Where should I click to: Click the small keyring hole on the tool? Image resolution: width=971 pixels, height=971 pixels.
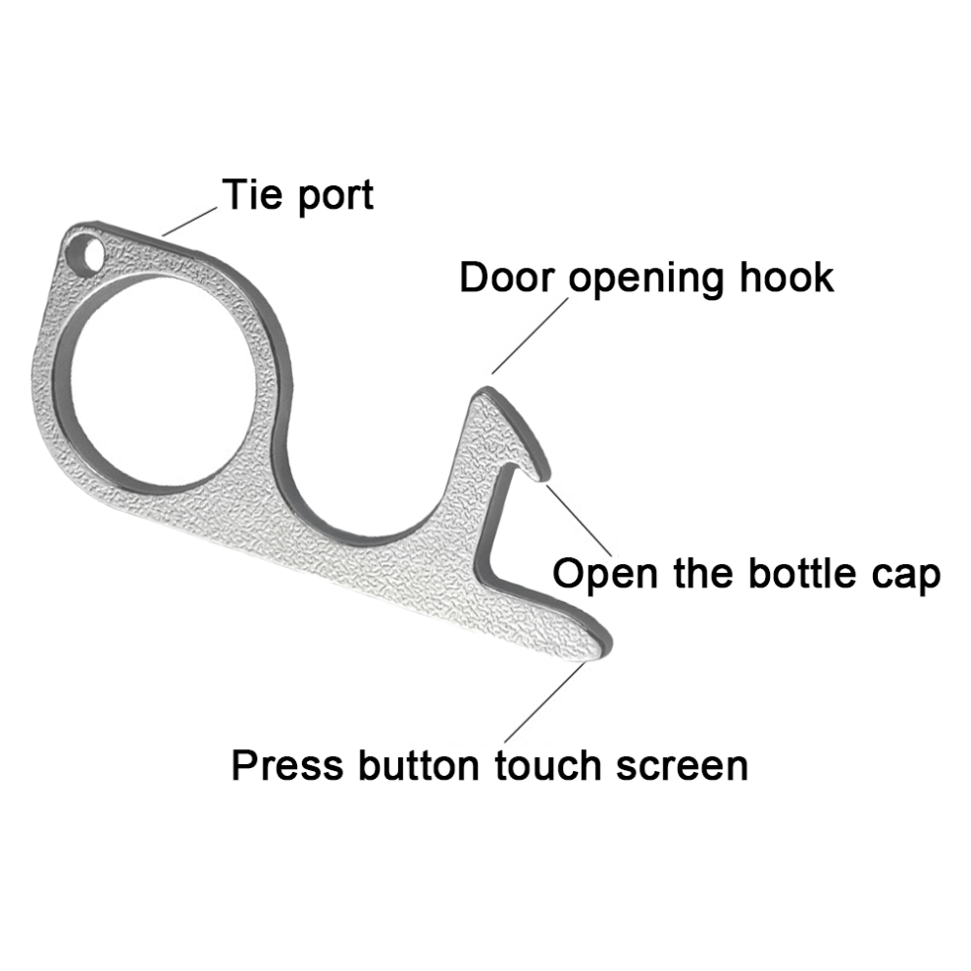tap(85, 253)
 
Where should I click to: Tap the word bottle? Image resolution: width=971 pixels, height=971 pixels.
tap(802, 573)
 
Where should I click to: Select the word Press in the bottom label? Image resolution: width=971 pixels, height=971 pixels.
tap(287, 765)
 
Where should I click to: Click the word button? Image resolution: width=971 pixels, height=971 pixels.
tap(419, 765)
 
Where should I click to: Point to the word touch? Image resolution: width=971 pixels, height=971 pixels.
tap(548, 765)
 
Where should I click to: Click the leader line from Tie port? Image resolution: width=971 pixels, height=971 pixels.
tap(189, 222)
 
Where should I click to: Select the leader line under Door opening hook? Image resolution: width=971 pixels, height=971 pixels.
tap(530, 336)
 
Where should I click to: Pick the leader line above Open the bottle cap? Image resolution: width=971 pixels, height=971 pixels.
tap(579, 521)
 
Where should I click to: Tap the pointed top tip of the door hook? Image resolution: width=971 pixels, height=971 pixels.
tap(486, 389)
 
